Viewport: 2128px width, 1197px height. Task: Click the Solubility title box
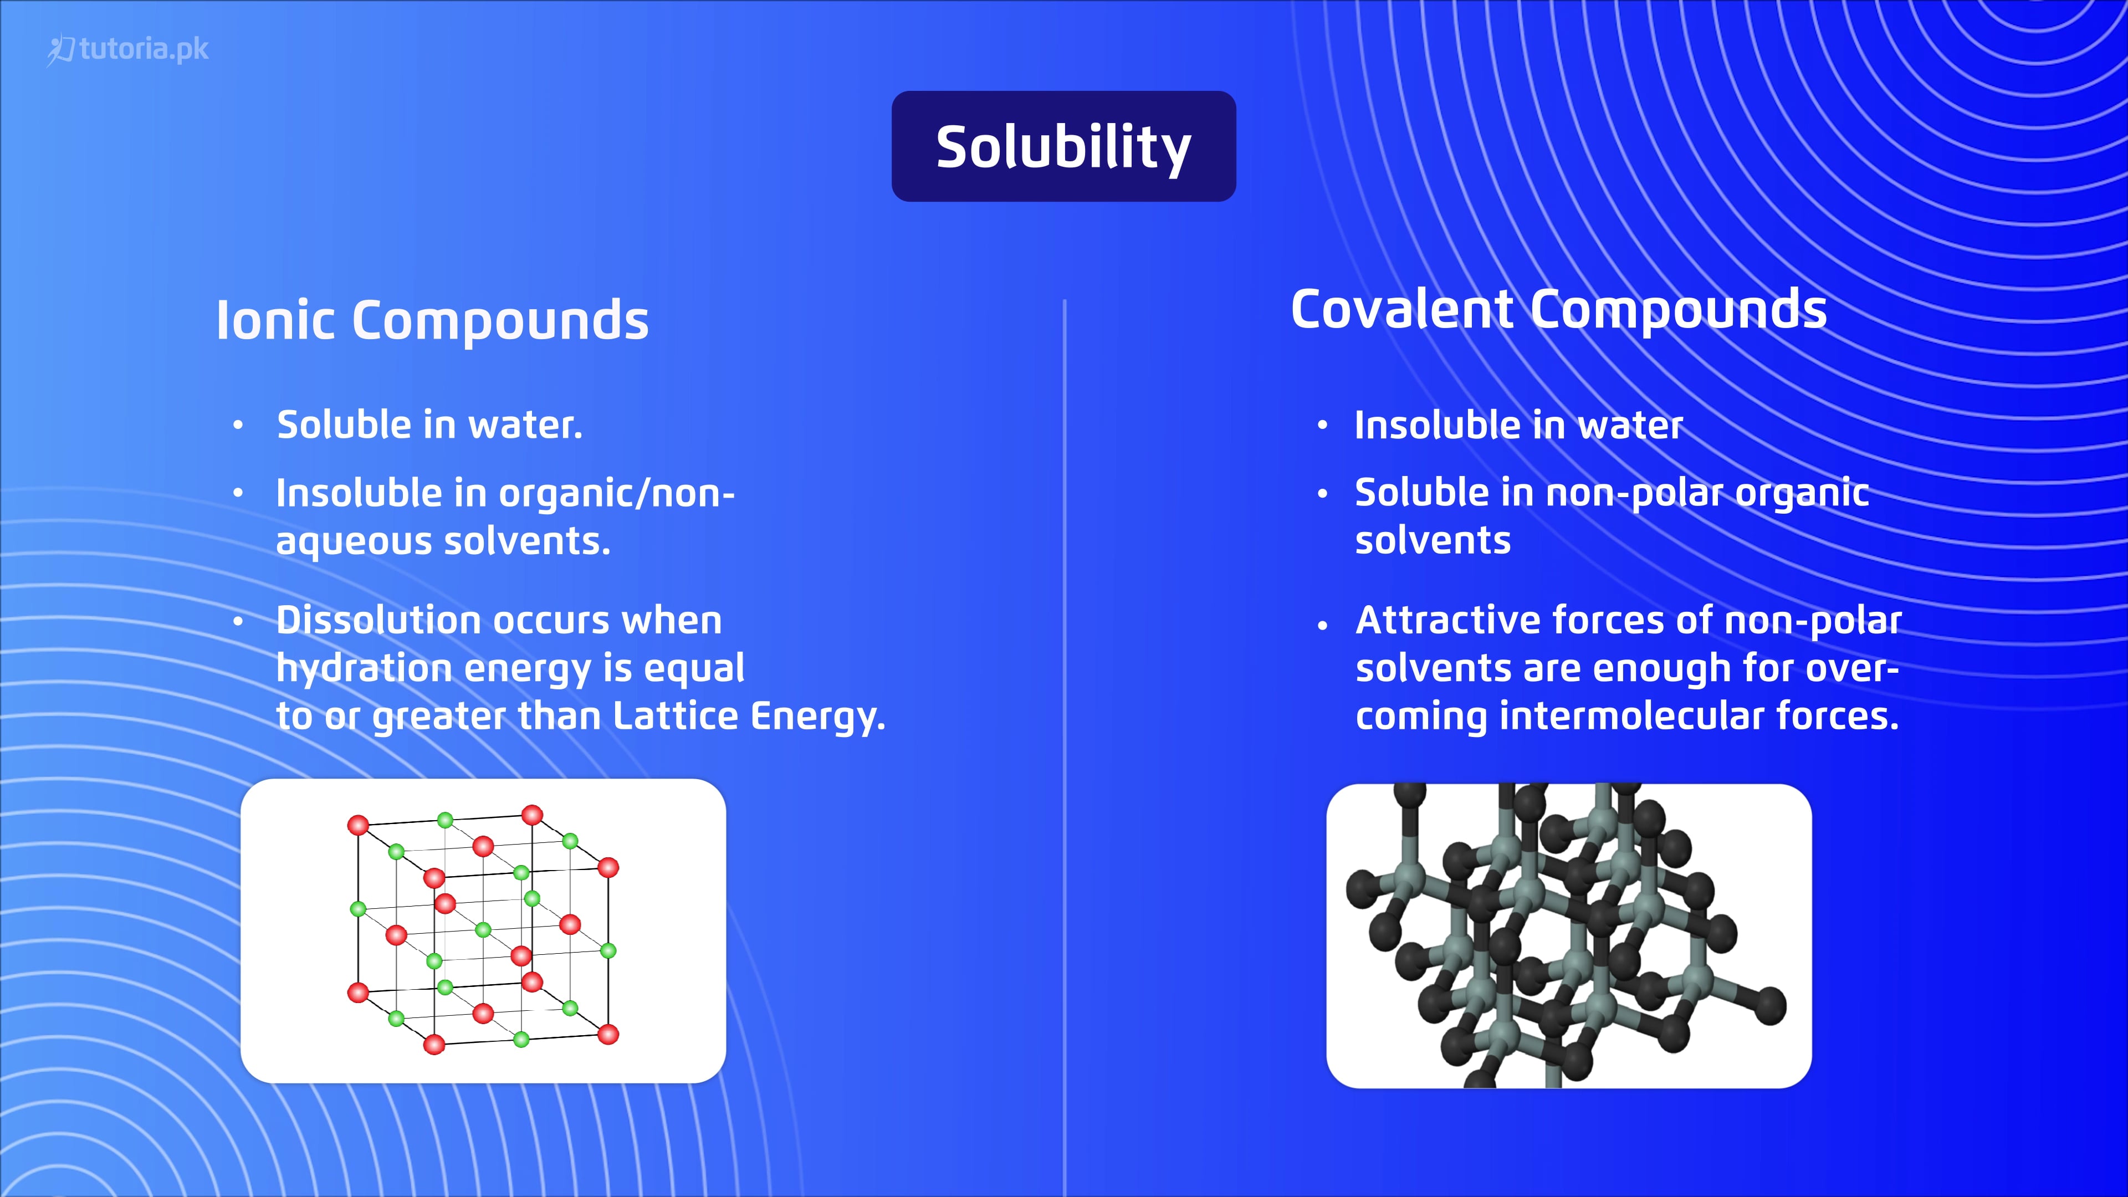1063,146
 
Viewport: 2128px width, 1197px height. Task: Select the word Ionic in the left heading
275,320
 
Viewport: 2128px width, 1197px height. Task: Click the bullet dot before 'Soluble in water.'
238,426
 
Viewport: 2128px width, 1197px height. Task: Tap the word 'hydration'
364,668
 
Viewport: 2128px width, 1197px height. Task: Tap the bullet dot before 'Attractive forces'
1323,625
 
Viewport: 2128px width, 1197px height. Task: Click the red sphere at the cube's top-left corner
357,825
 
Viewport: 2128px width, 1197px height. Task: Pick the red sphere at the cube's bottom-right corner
608,1034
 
